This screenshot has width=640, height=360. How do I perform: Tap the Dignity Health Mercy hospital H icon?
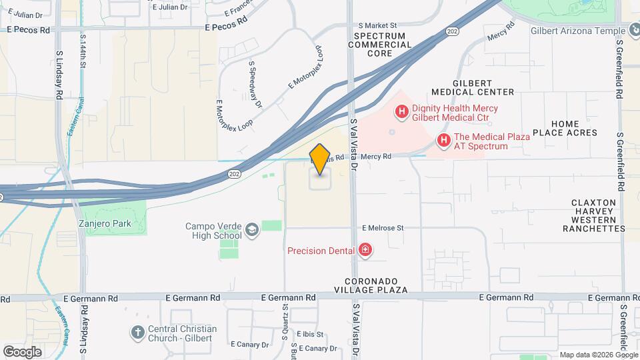(401, 112)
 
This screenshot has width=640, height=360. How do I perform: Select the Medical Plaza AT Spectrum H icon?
(443, 140)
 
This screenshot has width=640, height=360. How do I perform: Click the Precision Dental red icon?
(365, 251)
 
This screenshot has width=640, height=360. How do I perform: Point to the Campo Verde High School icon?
(251, 231)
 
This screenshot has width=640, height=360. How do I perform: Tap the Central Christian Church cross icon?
(137, 332)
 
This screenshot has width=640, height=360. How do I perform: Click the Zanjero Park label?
(105, 224)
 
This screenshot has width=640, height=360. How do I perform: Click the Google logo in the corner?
(22, 351)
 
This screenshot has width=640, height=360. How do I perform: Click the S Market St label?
(381, 25)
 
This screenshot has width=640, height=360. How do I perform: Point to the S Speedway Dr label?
(255, 84)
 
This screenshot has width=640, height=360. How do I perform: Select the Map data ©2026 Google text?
(597, 355)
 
